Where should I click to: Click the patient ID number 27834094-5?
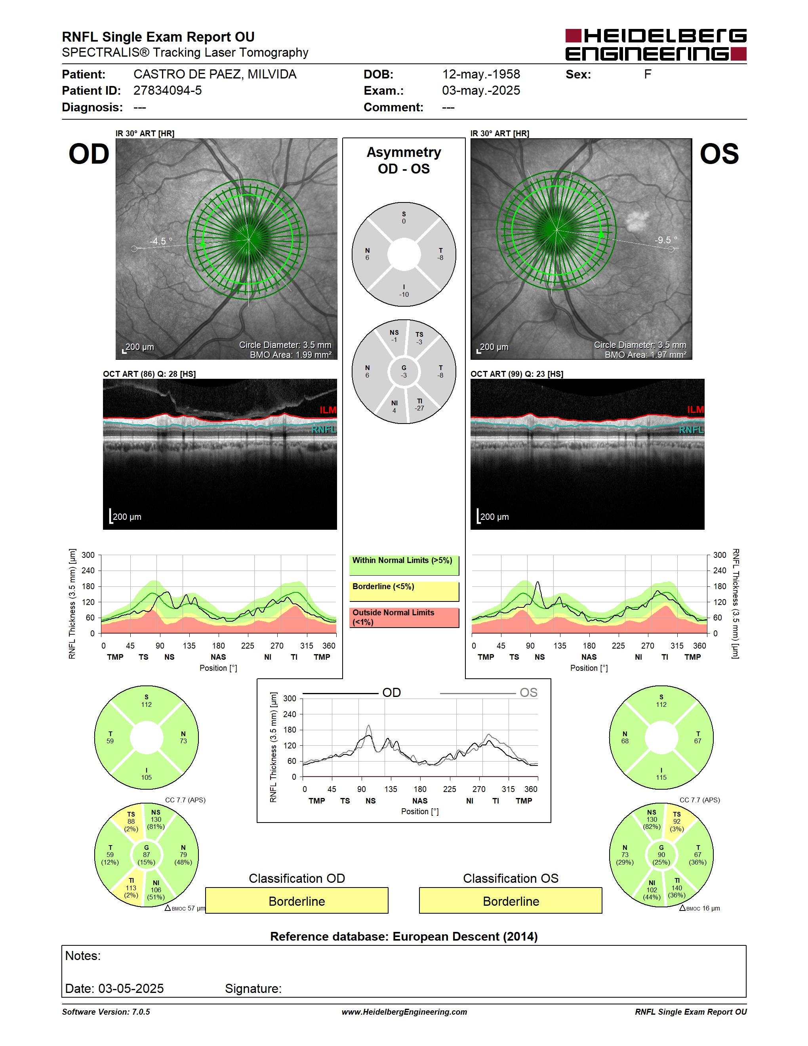[168, 90]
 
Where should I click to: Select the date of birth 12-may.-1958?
[481, 74]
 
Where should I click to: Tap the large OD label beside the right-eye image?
[89, 154]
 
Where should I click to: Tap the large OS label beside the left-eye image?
[719, 154]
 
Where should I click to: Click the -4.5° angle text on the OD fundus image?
[161, 241]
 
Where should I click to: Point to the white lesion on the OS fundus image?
[636, 221]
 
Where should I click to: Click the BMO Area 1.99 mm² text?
[291, 355]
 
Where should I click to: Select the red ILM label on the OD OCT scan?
[328, 410]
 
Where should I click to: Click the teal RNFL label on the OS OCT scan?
[692, 429]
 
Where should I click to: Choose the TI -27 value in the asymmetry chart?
[420, 405]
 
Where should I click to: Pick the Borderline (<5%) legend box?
[404, 592]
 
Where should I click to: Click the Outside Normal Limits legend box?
[404, 618]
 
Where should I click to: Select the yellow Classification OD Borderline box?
[297, 901]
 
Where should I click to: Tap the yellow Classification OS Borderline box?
[511, 901]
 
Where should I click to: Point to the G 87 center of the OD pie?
[147, 855]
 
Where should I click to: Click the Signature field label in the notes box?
[253, 989]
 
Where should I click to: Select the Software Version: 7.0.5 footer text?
[106, 1012]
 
